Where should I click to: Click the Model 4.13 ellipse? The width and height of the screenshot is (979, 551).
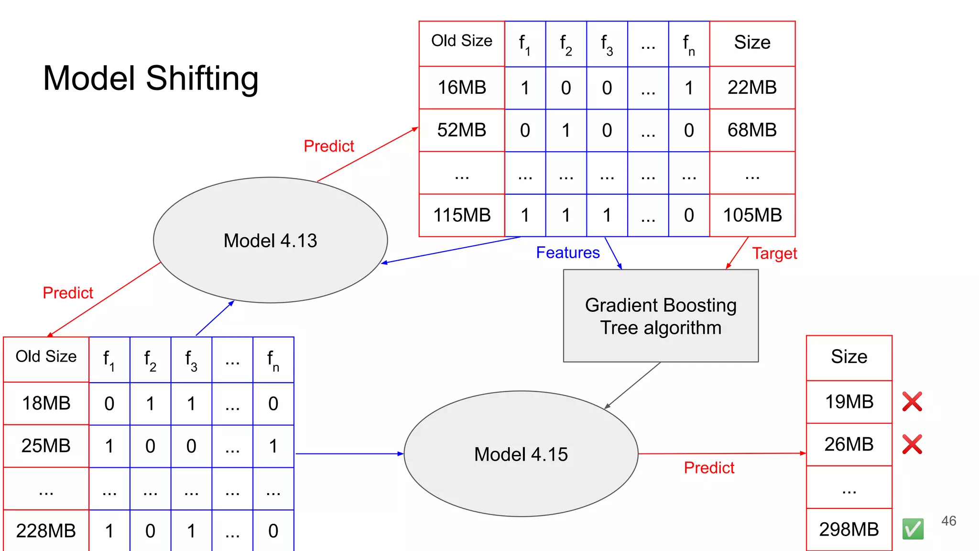coord(270,240)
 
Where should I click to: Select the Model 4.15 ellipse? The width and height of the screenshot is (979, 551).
coord(521,454)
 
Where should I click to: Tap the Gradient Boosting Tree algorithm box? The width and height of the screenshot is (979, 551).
coord(661,316)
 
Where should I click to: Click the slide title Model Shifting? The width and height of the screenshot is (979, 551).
coord(151,78)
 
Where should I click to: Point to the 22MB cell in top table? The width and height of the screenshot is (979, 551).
coord(752,88)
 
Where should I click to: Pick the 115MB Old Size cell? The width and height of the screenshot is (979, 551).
coord(462,215)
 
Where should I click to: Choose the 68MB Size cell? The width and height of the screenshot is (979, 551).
coord(752,130)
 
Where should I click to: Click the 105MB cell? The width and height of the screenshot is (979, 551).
coord(752,215)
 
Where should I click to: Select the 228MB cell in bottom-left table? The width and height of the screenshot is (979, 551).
coord(46,530)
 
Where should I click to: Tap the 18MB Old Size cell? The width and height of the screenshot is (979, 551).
coord(46,403)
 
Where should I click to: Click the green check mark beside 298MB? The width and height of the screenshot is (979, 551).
coord(913,529)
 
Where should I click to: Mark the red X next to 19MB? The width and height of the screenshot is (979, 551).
coord(912,402)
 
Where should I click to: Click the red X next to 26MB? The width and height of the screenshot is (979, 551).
coord(912,444)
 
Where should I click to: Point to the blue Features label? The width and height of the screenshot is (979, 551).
coord(567,253)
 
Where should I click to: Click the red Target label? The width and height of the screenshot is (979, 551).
coord(774,253)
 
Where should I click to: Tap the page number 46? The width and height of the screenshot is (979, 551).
coord(948,521)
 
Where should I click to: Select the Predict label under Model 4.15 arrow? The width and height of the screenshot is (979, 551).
coord(709,468)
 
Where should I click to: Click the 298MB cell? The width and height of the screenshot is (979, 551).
coord(849,529)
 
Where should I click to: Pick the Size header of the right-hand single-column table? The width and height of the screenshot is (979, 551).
coord(849,357)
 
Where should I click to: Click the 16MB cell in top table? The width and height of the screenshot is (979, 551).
coord(462,88)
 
